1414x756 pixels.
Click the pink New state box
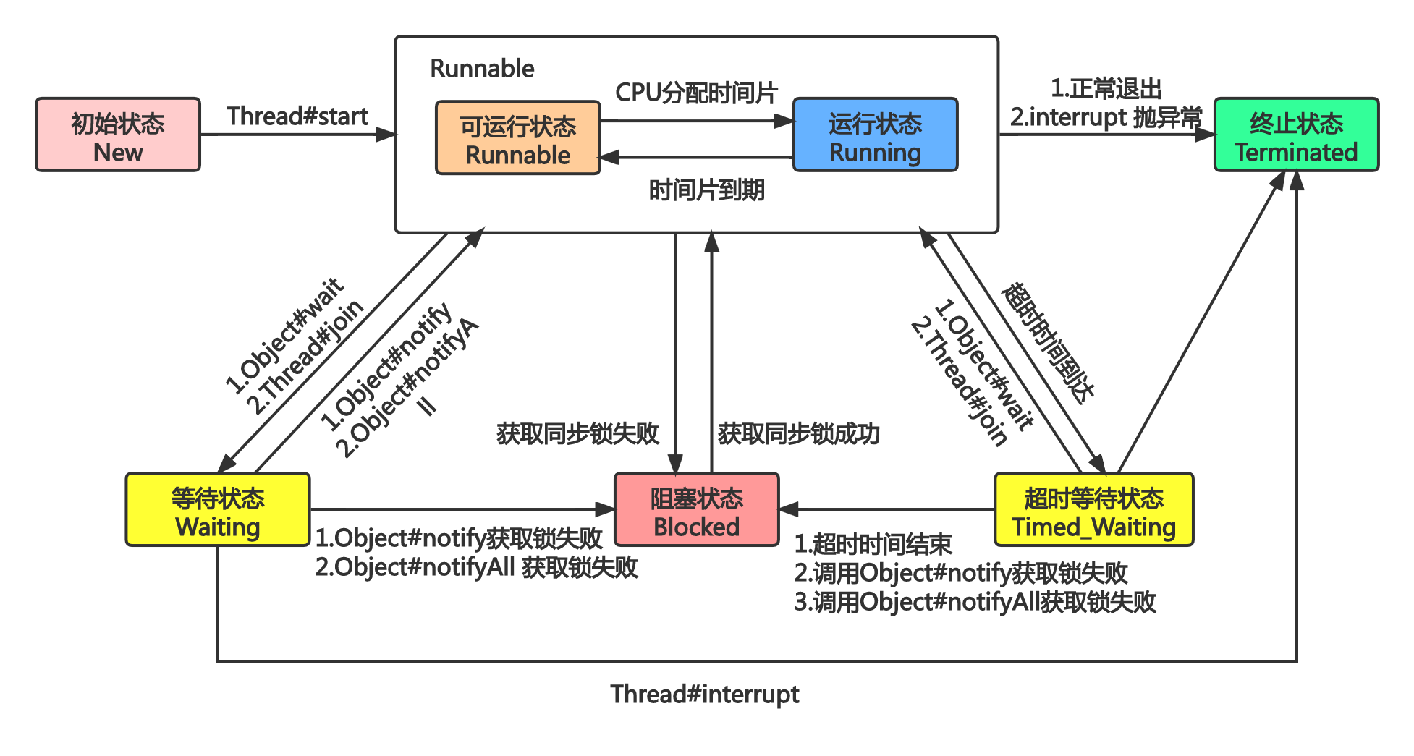pos(118,135)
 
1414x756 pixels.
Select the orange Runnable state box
pos(518,138)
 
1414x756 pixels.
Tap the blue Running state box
pos(875,135)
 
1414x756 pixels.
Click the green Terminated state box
pos(1296,135)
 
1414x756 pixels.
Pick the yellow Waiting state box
pos(218,510)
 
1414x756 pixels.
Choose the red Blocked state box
pos(696,510)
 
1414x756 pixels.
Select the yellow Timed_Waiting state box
pos(1093,510)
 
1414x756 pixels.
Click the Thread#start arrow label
pos(297,116)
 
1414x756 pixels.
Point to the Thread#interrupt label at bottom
pos(704,695)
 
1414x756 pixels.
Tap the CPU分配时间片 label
pos(696,93)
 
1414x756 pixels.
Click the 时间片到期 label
pos(706,190)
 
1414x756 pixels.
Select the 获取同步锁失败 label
pos(577,434)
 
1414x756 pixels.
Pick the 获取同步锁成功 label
pos(798,434)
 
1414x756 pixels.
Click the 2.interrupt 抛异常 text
pos(1106,117)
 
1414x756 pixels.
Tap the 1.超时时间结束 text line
pos(873,544)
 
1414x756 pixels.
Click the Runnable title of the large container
pos(482,69)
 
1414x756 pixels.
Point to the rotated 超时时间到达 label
pos(1048,343)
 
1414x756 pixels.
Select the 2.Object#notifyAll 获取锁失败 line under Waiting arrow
pos(476,568)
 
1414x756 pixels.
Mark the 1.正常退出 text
pos(1106,89)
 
